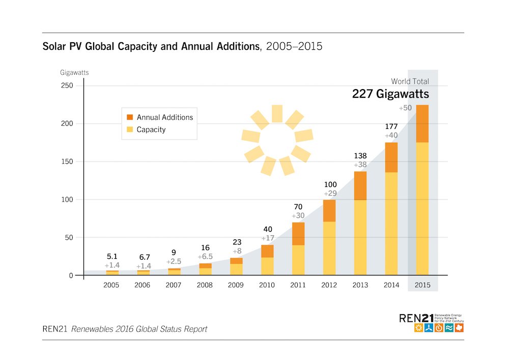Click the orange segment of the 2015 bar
point(422,124)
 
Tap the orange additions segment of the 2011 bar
point(298,234)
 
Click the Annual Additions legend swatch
point(130,117)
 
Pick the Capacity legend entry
point(151,129)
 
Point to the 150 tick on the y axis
point(67,161)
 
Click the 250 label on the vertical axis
point(67,86)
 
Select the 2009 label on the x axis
point(236,285)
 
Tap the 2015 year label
point(422,285)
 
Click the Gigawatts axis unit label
point(74,72)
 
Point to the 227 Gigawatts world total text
point(390,94)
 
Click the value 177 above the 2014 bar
point(391,127)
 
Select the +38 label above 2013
point(360,165)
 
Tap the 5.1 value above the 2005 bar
point(111,257)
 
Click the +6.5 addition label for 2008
point(205,257)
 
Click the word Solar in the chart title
point(54,47)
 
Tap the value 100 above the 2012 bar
point(329,184)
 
